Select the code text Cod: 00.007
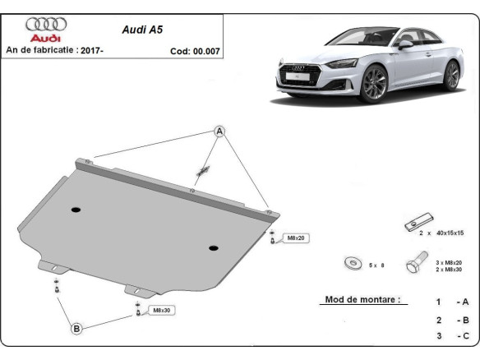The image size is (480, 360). (195, 50)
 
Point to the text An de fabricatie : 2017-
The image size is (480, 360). (54, 50)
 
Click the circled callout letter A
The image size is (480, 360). (220, 132)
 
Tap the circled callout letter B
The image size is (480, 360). (76, 329)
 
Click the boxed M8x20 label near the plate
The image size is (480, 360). (295, 238)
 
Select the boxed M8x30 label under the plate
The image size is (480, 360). (160, 311)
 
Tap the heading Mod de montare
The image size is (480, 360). (362, 301)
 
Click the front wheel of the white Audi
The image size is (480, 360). (374, 83)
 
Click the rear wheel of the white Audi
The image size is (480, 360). (450, 75)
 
